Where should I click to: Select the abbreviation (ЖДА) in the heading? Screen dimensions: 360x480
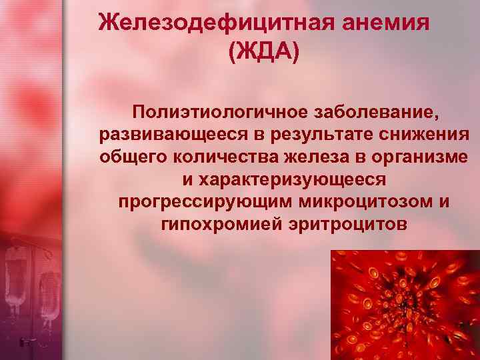[x=263, y=53]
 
